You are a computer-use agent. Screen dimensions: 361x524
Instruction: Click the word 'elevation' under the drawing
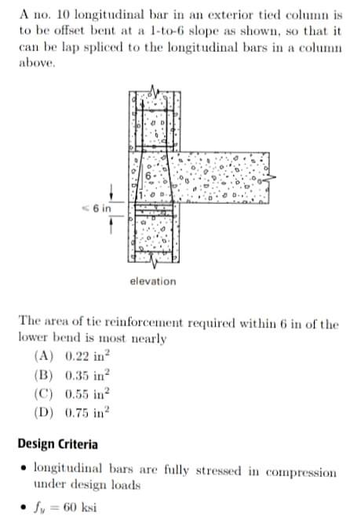click(x=153, y=281)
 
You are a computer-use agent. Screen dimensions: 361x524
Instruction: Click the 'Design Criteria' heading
click(x=58, y=444)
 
